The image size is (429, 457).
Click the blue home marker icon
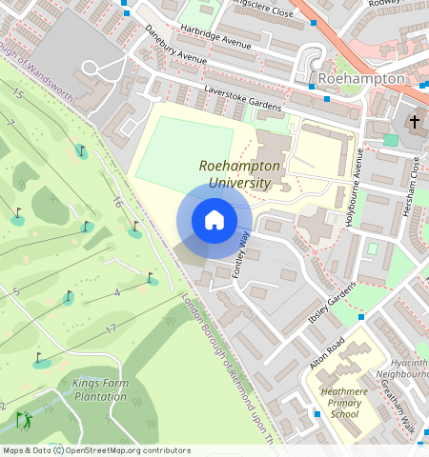tap(214, 221)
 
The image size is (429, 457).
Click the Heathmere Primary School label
tap(345, 401)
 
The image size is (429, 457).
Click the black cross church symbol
tap(414, 122)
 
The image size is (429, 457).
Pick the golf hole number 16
tap(116, 201)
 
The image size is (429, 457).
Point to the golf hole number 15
tap(18, 93)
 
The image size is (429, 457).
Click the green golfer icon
tap(23, 419)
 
